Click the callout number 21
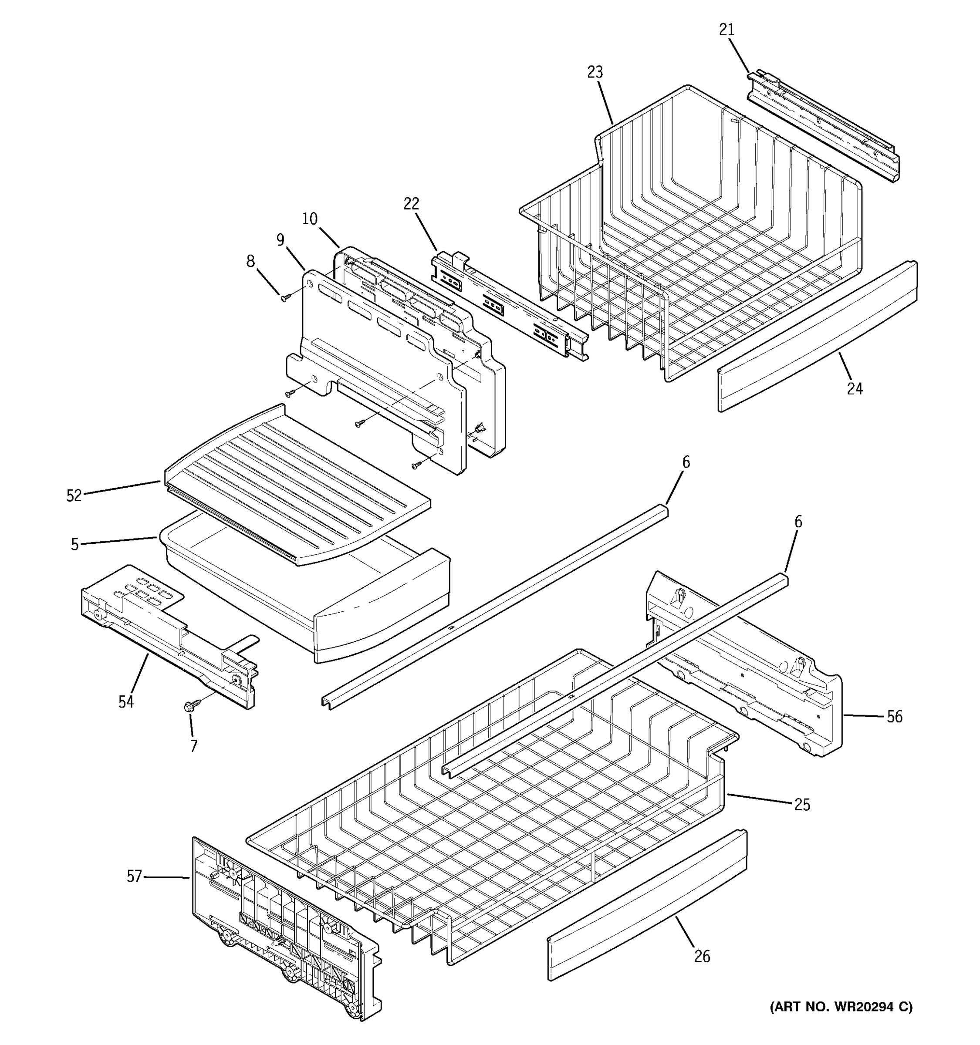click(726, 30)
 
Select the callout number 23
click(595, 72)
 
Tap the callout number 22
click(411, 204)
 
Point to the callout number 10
click(310, 219)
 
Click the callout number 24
click(855, 388)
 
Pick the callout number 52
click(74, 495)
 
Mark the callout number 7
click(193, 745)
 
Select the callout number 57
click(135, 876)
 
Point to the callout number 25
click(802, 805)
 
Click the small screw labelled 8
click(285, 298)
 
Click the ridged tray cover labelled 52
click(297, 484)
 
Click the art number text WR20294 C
click(841, 1007)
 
